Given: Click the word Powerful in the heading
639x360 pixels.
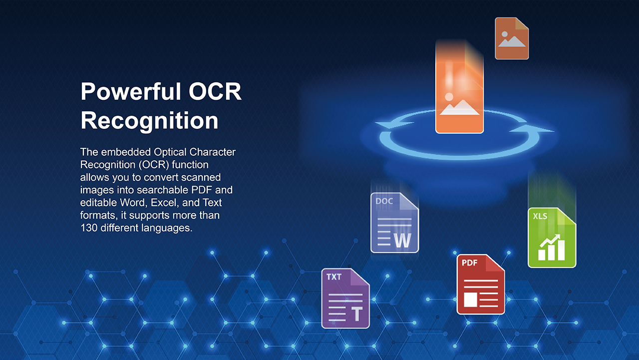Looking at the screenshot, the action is point(131,91).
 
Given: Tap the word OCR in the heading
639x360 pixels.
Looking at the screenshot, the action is point(215,91).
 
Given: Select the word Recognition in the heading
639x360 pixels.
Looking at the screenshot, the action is point(149,121).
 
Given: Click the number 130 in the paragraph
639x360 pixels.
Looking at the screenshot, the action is point(89,228).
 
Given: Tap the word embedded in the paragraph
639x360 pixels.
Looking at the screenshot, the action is point(126,152).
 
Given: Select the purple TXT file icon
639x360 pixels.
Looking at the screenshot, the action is point(345,299).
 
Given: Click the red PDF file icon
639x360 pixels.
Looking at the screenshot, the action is point(481,285).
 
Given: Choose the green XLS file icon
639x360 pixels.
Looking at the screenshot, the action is point(552,238).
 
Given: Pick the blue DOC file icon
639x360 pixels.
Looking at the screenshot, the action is point(394,223).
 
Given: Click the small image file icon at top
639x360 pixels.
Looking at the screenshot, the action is point(512,38).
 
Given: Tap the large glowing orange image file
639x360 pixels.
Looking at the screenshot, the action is point(459,88).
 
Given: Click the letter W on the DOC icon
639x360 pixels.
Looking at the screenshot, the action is point(403,241).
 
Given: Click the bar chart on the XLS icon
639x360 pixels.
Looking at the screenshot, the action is point(551,247).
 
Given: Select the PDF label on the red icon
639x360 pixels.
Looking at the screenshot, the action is point(470,263).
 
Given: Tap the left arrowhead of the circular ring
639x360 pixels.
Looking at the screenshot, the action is point(394,124).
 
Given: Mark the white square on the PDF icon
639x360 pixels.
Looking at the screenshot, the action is point(470,300).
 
